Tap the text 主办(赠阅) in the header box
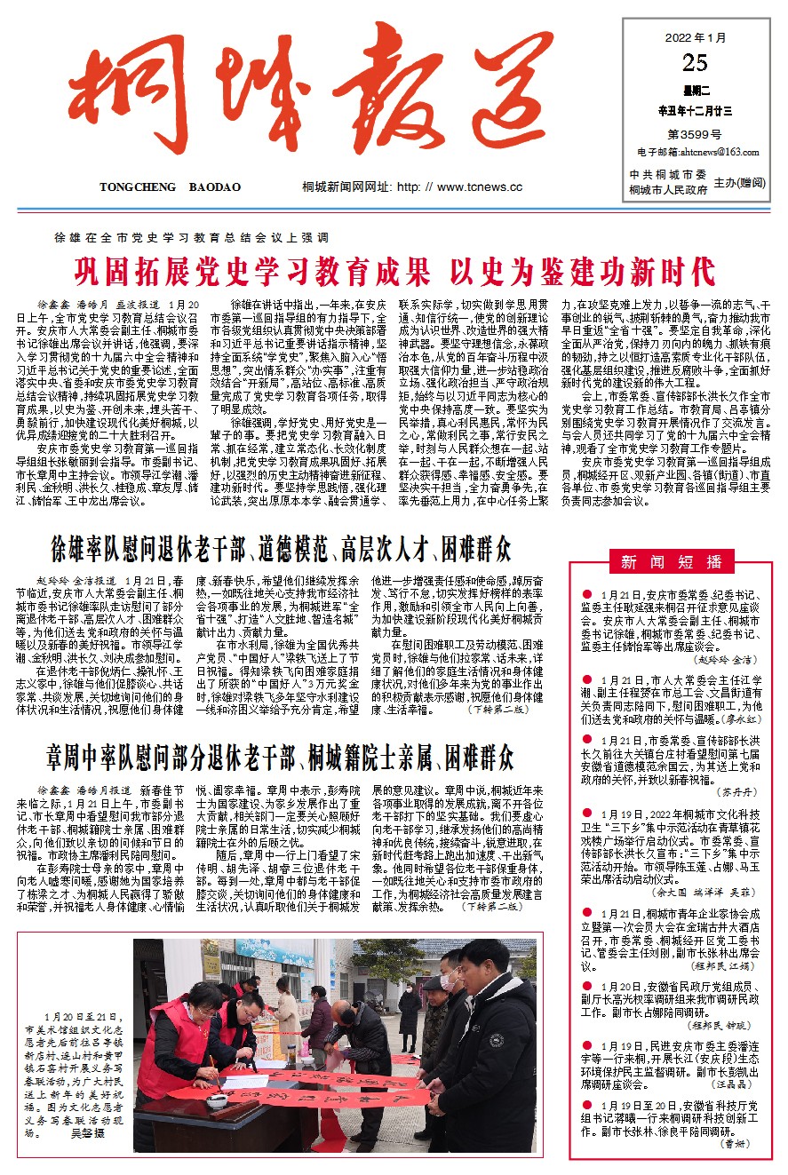[740, 181]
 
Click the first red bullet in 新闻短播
[587, 592]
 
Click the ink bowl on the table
[217, 1100]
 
